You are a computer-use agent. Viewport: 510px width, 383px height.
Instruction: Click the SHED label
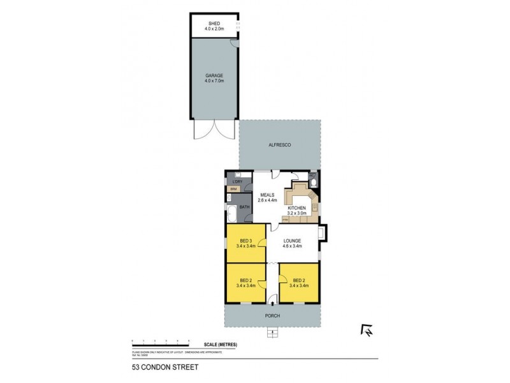coord(214,23)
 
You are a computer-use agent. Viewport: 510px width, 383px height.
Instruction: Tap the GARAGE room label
coord(214,75)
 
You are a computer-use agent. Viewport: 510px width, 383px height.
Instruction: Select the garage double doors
coord(214,131)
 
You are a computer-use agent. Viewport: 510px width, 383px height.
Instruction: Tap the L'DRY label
coord(237,182)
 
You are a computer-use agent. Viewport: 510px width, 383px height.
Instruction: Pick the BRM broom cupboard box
coord(233,190)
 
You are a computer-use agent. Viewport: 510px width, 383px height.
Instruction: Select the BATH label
coord(244,207)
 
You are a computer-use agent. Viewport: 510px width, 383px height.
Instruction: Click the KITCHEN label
coord(298,207)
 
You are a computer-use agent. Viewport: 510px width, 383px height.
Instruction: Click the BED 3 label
coord(245,239)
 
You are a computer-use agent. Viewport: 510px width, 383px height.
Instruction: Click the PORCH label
coord(273,316)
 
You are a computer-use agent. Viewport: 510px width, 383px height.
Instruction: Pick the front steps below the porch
coord(273,332)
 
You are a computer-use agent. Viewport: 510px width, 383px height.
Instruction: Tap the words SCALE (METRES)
coord(221,345)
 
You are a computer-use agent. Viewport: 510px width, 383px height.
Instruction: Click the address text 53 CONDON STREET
coord(157,368)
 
